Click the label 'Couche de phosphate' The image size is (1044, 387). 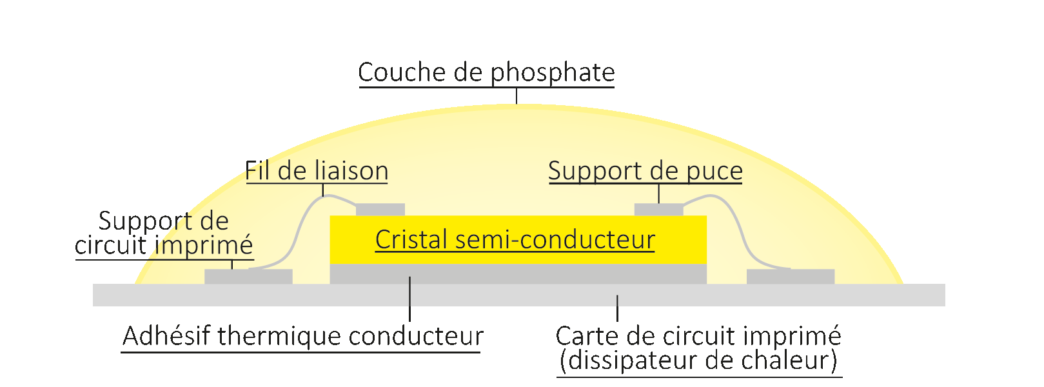[x=486, y=72]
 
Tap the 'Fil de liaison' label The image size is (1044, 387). [x=317, y=171]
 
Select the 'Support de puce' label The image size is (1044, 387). [x=645, y=171]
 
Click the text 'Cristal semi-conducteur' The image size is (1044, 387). [x=515, y=239]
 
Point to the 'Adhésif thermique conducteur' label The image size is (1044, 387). [x=303, y=336]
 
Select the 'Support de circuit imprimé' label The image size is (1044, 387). [x=164, y=233]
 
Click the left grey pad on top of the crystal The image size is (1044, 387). [x=380, y=210]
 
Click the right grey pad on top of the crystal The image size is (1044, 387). [x=658, y=210]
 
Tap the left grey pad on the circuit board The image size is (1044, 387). [x=248, y=277]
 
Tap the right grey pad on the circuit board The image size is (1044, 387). [x=791, y=277]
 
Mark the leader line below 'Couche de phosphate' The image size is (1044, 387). [x=517, y=95]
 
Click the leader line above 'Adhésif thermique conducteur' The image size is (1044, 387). [x=410, y=300]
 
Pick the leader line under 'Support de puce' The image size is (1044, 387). [x=659, y=193]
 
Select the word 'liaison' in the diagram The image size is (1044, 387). [x=351, y=171]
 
